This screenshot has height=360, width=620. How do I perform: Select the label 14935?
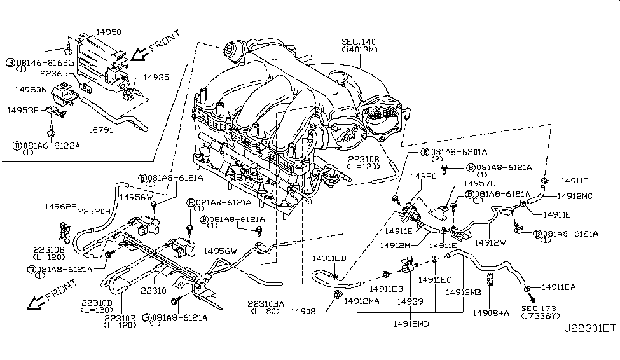click(155, 77)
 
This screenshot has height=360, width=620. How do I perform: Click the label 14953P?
click(24, 110)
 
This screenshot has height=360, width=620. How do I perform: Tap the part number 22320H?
click(94, 212)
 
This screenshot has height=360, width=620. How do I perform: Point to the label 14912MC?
click(570, 197)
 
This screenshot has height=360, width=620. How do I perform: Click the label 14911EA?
click(558, 287)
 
